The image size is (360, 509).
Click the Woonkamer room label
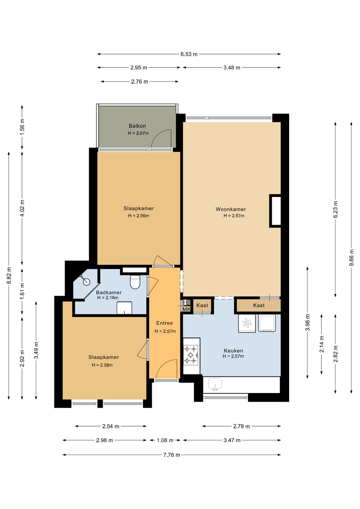point(231,209)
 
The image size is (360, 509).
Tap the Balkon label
point(137,126)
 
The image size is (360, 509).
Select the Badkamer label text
point(109,292)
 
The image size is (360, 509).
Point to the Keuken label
point(233,351)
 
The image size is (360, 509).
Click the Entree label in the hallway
point(164,323)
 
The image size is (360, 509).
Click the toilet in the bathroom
point(135,282)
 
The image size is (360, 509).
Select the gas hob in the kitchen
point(191,355)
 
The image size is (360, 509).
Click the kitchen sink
point(215,384)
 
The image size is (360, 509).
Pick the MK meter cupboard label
point(186,309)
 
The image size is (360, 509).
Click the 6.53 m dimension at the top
point(189,54)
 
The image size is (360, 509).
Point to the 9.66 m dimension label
point(352,257)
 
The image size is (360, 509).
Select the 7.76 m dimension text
point(172,455)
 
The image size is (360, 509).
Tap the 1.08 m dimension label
point(165,440)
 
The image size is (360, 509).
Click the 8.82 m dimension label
point(9,275)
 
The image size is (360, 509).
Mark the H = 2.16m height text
point(108,298)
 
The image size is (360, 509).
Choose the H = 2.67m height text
point(138,133)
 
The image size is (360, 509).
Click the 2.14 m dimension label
point(322,344)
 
